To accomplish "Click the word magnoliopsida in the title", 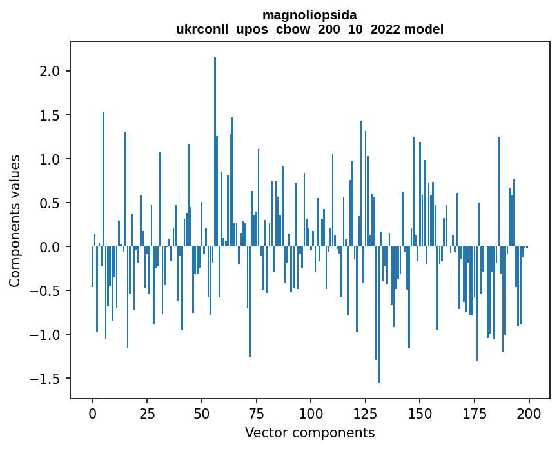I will click(309, 14).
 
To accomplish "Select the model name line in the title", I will click(309, 29).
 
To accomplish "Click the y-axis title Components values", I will click(15, 221).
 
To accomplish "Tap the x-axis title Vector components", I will click(309, 432).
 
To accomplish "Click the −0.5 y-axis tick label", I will click(45, 291).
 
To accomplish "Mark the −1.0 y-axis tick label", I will click(45, 335).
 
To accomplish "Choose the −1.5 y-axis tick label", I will click(45, 379).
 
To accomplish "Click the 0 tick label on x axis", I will click(92, 413).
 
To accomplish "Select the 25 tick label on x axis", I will click(147, 413).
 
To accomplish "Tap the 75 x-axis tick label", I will click(256, 413).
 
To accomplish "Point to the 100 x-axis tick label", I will click(311, 413).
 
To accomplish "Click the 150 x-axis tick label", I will click(420, 413).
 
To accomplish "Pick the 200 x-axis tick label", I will click(529, 413).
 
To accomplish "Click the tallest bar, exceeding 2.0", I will click(215, 152).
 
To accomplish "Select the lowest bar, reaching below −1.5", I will click(378, 315).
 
